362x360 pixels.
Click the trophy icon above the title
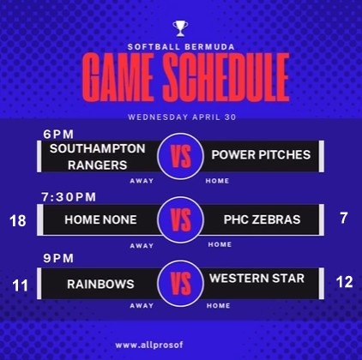click(180, 28)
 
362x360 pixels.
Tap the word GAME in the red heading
click(118, 78)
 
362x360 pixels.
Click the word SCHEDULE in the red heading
click(226, 78)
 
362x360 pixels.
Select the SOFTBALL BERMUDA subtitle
click(181, 47)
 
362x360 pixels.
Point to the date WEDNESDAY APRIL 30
click(182, 117)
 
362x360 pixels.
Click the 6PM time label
click(58, 135)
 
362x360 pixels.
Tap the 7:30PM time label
click(69, 197)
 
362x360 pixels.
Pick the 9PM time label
click(58, 258)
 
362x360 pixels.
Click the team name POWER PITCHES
click(261, 155)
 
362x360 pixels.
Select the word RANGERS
click(97, 165)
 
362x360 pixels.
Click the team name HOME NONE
click(100, 219)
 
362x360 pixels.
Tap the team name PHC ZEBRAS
click(262, 219)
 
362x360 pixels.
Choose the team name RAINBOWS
click(100, 284)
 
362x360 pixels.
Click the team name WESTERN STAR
click(256, 279)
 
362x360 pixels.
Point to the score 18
click(18, 221)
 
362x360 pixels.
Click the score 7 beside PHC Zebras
click(344, 218)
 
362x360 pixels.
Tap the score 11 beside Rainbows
click(20, 285)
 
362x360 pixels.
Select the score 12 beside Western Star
click(344, 282)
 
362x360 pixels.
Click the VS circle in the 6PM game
click(180, 156)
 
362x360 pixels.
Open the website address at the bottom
click(149, 345)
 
